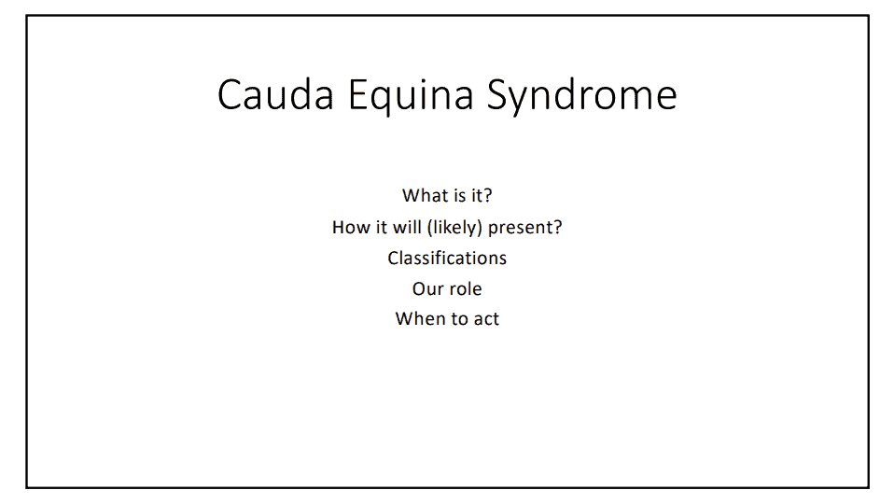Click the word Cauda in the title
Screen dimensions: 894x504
(x=275, y=94)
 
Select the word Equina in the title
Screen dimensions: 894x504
(x=411, y=97)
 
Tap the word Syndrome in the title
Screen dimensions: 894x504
(x=582, y=97)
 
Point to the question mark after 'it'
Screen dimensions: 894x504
(x=487, y=196)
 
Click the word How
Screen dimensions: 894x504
(x=351, y=228)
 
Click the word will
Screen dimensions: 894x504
(x=407, y=227)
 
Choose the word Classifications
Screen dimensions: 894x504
(x=447, y=259)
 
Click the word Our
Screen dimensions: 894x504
(x=425, y=289)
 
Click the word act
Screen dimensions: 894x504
(x=486, y=319)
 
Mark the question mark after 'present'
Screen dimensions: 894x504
(x=558, y=228)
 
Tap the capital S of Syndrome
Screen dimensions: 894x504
(x=497, y=94)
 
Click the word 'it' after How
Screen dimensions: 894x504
(x=382, y=227)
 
